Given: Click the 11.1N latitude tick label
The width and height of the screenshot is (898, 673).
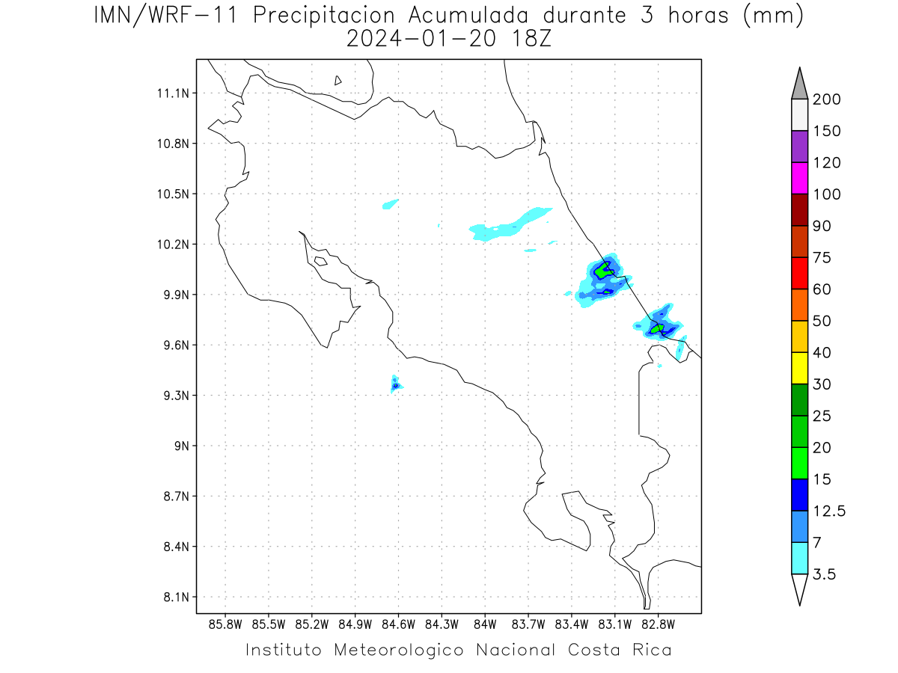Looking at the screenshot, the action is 173,93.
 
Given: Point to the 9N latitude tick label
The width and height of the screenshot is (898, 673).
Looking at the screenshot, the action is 182,446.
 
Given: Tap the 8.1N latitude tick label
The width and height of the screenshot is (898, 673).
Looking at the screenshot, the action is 177,597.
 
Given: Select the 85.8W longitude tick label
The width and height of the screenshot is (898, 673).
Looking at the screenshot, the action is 225,625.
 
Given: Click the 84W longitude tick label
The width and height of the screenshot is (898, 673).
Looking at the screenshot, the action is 485,625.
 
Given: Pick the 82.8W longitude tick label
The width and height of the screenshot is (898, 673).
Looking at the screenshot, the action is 659,625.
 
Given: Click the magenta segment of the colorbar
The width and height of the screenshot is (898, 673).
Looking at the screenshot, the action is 799,178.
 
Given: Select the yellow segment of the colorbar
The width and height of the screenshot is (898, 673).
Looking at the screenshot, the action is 799,368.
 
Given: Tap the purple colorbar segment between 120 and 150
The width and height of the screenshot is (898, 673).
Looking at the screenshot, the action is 799,147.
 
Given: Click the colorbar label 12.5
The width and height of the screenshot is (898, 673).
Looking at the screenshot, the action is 829,511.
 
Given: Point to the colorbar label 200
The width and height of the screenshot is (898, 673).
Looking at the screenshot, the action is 826,99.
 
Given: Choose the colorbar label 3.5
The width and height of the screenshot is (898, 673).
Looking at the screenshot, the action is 824,574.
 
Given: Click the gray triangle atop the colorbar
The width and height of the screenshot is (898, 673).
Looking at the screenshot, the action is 799,87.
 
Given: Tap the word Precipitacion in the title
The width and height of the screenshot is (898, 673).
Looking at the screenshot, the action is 324,16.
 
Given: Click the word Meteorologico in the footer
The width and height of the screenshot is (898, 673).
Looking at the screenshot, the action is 399,651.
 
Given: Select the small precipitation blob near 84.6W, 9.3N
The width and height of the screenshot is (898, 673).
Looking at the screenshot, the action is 396,385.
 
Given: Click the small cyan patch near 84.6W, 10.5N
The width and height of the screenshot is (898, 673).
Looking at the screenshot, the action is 390,204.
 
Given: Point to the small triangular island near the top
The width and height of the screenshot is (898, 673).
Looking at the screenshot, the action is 337,81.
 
